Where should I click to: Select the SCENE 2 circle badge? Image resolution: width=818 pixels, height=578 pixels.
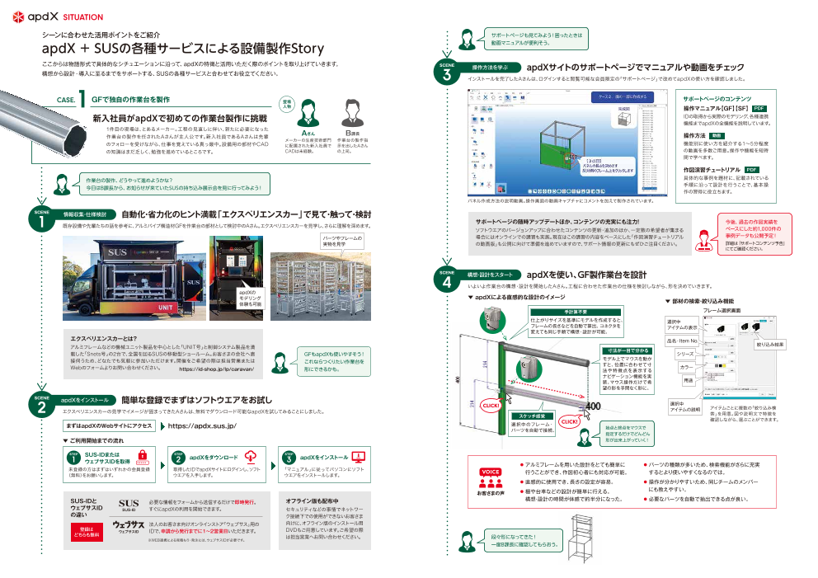[x=41, y=403]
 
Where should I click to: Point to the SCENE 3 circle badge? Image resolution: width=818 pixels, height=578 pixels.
[x=446, y=72]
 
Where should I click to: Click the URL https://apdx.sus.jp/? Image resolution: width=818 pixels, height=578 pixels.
[x=202, y=425]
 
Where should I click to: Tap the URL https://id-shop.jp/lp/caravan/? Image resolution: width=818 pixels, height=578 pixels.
[x=215, y=370]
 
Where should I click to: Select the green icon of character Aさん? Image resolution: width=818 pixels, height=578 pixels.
[x=307, y=112]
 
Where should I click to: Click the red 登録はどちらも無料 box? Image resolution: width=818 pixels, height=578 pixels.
[x=87, y=533]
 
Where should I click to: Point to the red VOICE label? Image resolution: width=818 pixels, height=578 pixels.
[x=491, y=471]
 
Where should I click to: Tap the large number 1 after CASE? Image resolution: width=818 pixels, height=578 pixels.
[x=84, y=98]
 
